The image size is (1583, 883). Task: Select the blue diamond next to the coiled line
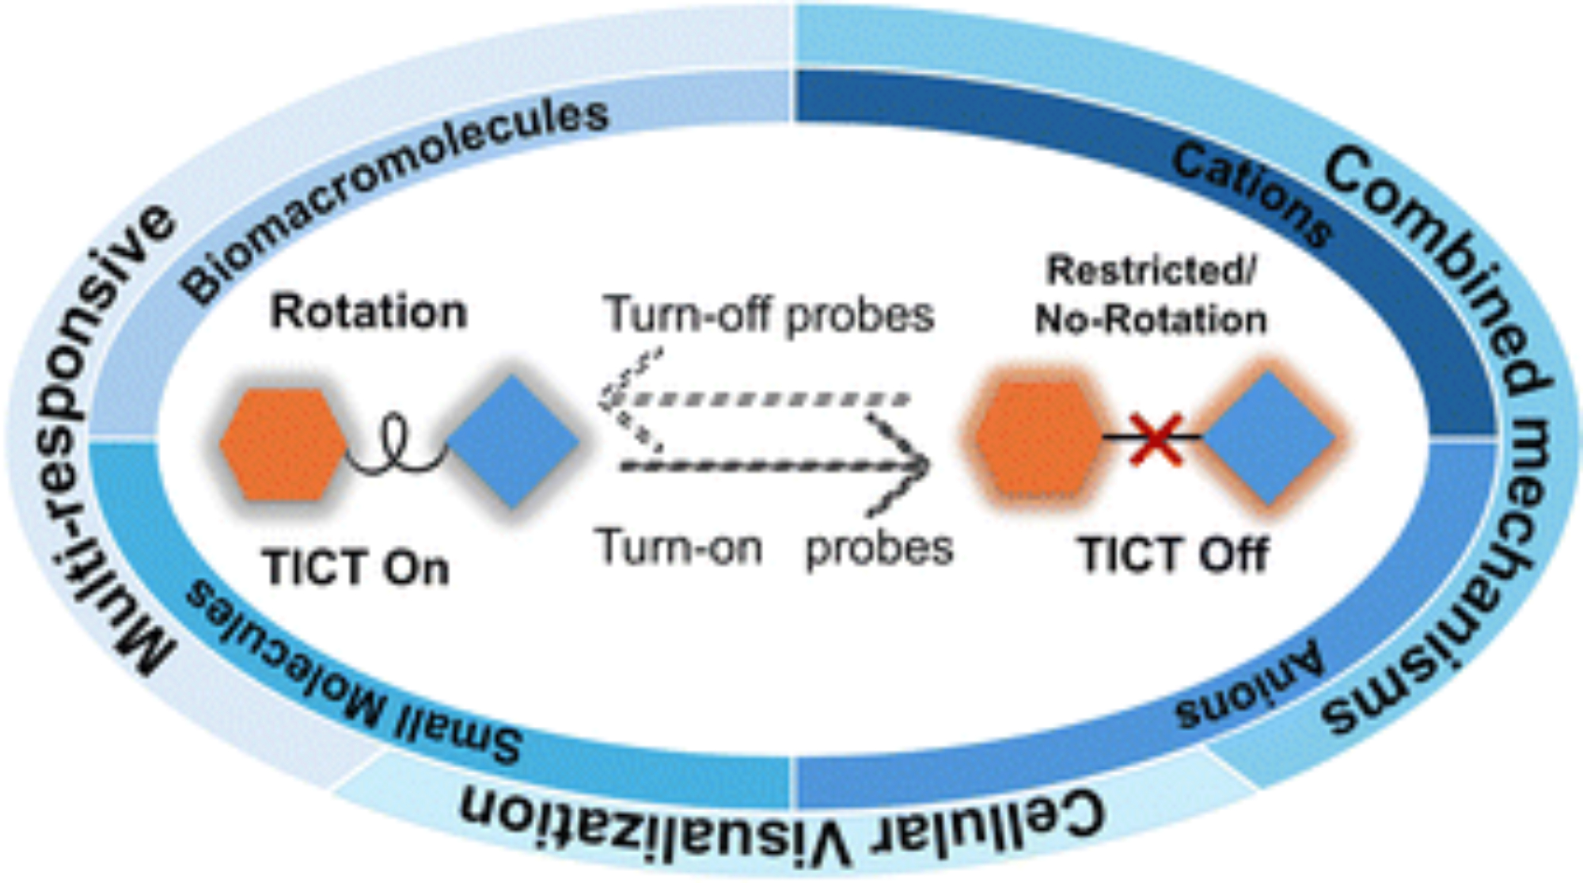[513, 441]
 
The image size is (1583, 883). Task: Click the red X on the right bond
[1156, 438]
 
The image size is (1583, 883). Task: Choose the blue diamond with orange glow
[1268, 438]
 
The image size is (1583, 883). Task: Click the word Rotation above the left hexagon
[369, 311]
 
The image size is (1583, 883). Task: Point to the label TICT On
[356, 568]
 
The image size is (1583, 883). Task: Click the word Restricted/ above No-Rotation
[1152, 272]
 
